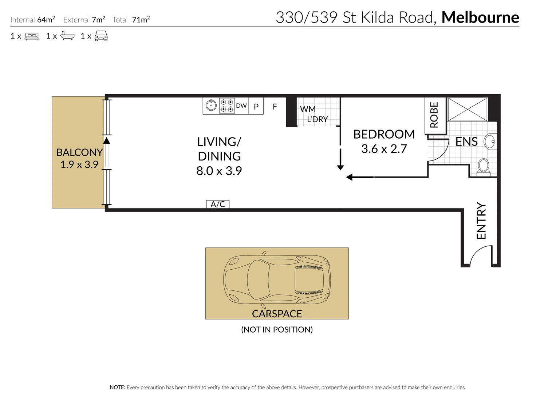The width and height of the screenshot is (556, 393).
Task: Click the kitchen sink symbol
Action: pyautogui.click(x=211, y=106)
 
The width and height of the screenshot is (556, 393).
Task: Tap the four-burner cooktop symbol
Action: pyautogui.click(x=227, y=106)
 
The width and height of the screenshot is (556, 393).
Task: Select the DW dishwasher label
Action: pyautogui.click(x=241, y=106)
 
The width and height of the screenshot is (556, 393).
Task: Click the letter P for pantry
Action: pyautogui.click(x=256, y=107)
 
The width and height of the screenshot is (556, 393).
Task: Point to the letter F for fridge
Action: pyautogui.click(x=275, y=107)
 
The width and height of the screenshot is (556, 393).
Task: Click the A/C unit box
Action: pyautogui.click(x=218, y=204)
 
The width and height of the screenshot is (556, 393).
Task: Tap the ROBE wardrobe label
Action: pyautogui.click(x=434, y=115)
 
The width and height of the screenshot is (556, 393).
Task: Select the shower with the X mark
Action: pyautogui.click(x=467, y=109)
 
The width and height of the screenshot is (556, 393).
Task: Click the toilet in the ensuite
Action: pyautogui.click(x=483, y=166)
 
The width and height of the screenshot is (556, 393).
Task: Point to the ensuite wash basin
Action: pyautogui.click(x=490, y=142)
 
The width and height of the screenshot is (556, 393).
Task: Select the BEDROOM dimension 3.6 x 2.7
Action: pyautogui.click(x=384, y=149)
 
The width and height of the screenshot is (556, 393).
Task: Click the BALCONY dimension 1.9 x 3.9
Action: pyautogui.click(x=79, y=164)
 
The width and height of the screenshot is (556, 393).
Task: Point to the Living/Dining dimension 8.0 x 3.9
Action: pyautogui.click(x=219, y=171)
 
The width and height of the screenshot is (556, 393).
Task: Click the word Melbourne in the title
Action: pyautogui.click(x=480, y=17)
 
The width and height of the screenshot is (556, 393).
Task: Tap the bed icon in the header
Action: pyautogui.click(x=32, y=36)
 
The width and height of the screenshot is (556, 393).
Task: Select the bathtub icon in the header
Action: pyautogui.click(x=68, y=36)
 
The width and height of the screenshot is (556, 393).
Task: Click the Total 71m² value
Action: pyautogui.click(x=141, y=20)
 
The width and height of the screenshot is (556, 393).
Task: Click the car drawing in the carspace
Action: pyautogui.click(x=277, y=279)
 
